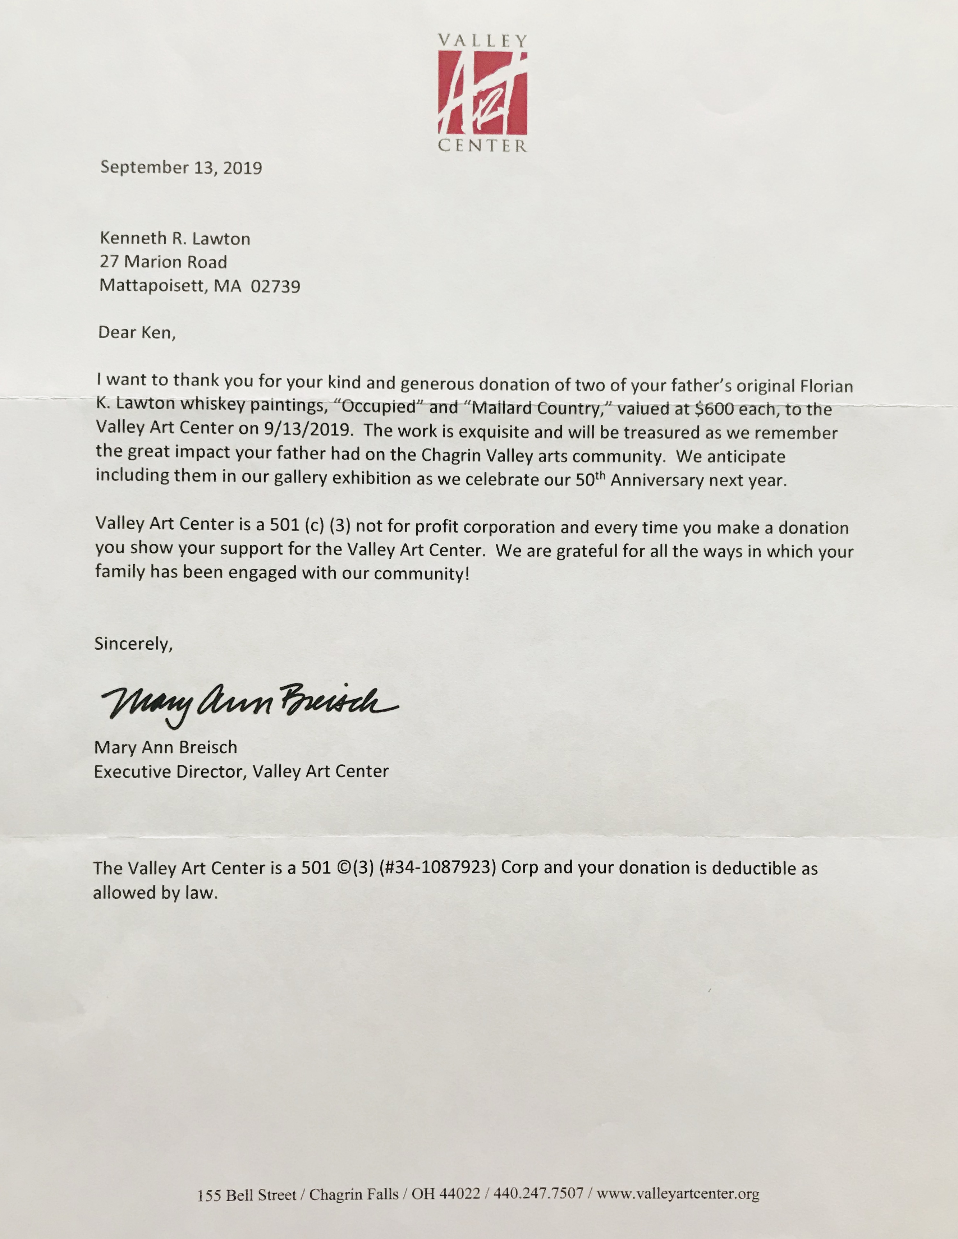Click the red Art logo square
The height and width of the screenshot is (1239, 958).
point(482,93)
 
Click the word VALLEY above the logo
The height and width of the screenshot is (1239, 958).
point(482,41)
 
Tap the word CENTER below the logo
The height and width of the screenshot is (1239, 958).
point(482,146)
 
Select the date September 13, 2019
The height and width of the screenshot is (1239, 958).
point(181,167)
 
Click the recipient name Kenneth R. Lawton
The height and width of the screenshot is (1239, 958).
point(175,238)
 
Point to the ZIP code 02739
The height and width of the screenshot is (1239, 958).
point(275,286)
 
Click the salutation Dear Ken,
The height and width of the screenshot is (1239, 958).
point(137,332)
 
